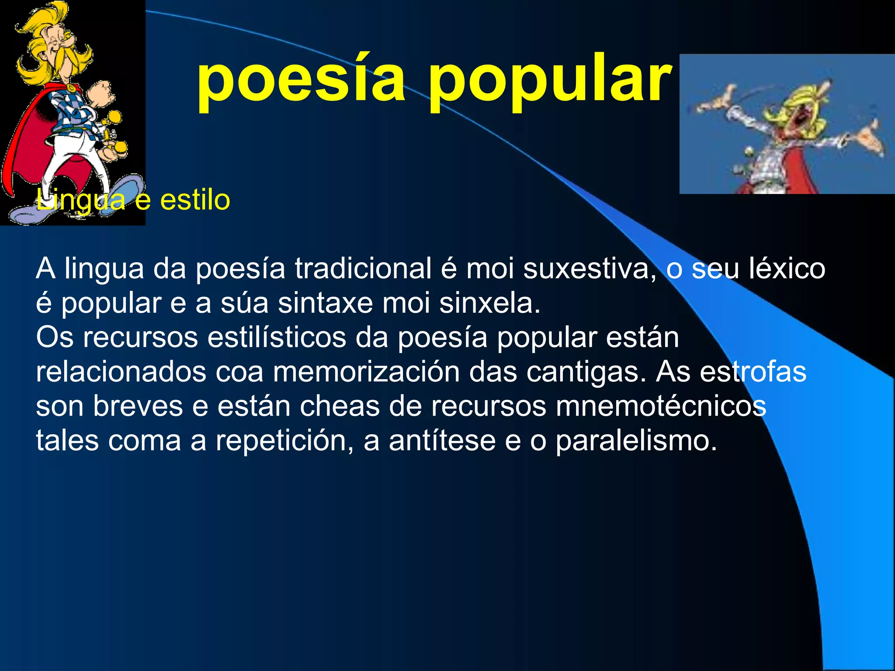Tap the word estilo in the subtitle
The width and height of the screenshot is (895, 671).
[195, 200]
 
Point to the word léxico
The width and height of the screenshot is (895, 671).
[787, 268]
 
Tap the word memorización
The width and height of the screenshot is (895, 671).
[366, 372]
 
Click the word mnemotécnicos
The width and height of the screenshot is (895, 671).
[661, 406]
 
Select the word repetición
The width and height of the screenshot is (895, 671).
[284, 441]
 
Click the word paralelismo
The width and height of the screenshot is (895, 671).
[636, 441]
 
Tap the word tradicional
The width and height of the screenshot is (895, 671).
[363, 268]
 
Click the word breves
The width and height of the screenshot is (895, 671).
[138, 406]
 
